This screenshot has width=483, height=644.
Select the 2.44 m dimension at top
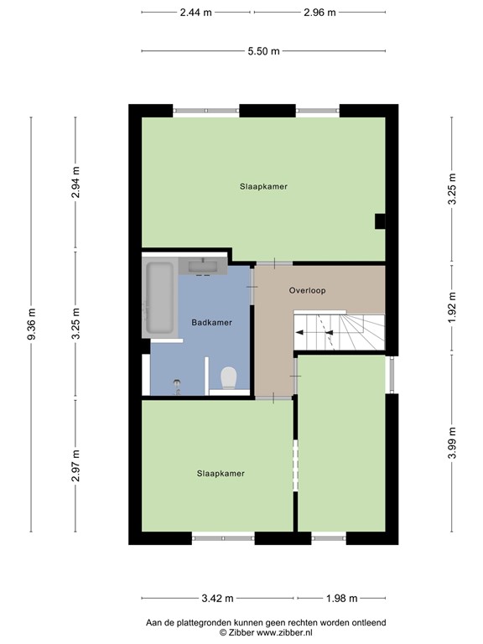[195, 13]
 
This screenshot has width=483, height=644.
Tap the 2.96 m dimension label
[319, 13]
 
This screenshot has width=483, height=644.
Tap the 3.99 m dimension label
[452, 443]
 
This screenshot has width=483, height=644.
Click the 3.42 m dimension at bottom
[217, 599]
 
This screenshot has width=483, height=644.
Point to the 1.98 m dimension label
[340, 599]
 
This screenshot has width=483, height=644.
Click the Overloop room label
[306, 291]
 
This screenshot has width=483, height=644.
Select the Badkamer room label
[211, 322]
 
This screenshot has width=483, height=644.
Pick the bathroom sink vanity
[203, 267]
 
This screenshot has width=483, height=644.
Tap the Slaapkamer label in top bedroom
[263, 187]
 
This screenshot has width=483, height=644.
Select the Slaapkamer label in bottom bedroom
[221, 473]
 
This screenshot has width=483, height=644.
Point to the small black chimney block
[380, 221]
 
